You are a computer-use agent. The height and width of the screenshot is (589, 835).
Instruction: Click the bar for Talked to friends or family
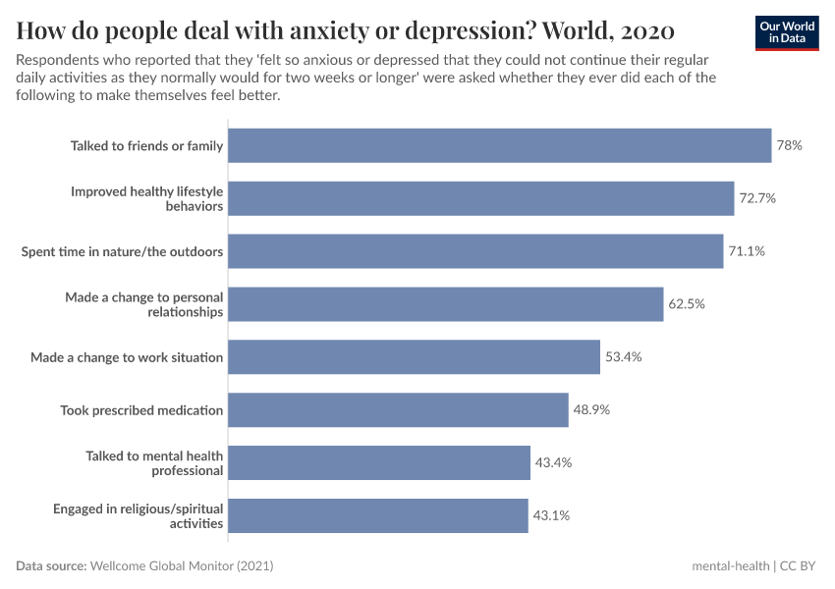(x=499, y=145)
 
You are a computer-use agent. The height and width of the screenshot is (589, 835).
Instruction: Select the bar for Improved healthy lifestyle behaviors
(x=481, y=198)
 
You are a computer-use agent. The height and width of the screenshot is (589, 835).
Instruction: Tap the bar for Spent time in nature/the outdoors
(x=475, y=251)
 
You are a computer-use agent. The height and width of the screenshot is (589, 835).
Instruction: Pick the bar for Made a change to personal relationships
(x=446, y=304)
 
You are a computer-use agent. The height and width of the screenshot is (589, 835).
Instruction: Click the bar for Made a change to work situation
(x=414, y=357)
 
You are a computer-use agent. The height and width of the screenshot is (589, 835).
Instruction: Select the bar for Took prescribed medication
(x=398, y=409)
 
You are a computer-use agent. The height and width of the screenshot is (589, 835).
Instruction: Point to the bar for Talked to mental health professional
(x=379, y=462)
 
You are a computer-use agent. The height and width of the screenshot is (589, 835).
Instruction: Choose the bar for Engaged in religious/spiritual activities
(x=378, y=515)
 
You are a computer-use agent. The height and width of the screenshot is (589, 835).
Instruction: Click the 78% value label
(x=790, y=145)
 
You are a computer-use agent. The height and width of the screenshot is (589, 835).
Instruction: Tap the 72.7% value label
(x=757, y=198)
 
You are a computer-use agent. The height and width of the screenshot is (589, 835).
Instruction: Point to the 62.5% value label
(x=687, y=304)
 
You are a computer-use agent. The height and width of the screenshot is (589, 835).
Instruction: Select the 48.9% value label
(x=591, y=409)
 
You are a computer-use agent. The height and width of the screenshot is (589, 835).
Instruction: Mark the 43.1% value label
(x=551, y=515)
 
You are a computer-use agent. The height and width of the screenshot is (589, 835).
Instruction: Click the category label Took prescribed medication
(x=141, y=410)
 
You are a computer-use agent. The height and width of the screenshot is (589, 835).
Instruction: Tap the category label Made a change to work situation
(x=127, y=357)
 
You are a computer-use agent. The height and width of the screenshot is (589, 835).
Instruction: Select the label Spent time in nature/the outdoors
(x=123, y=251)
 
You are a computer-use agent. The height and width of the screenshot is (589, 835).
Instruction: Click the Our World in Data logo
(x=786, y=31)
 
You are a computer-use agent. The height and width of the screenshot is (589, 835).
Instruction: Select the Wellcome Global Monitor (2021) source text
(x=182, y=566)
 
